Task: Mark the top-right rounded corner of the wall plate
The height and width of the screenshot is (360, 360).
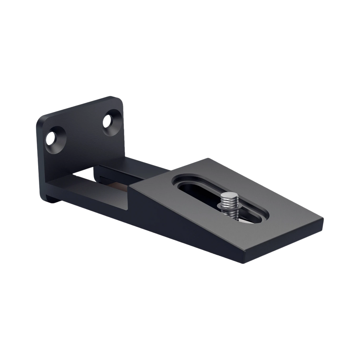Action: [121, 100]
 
